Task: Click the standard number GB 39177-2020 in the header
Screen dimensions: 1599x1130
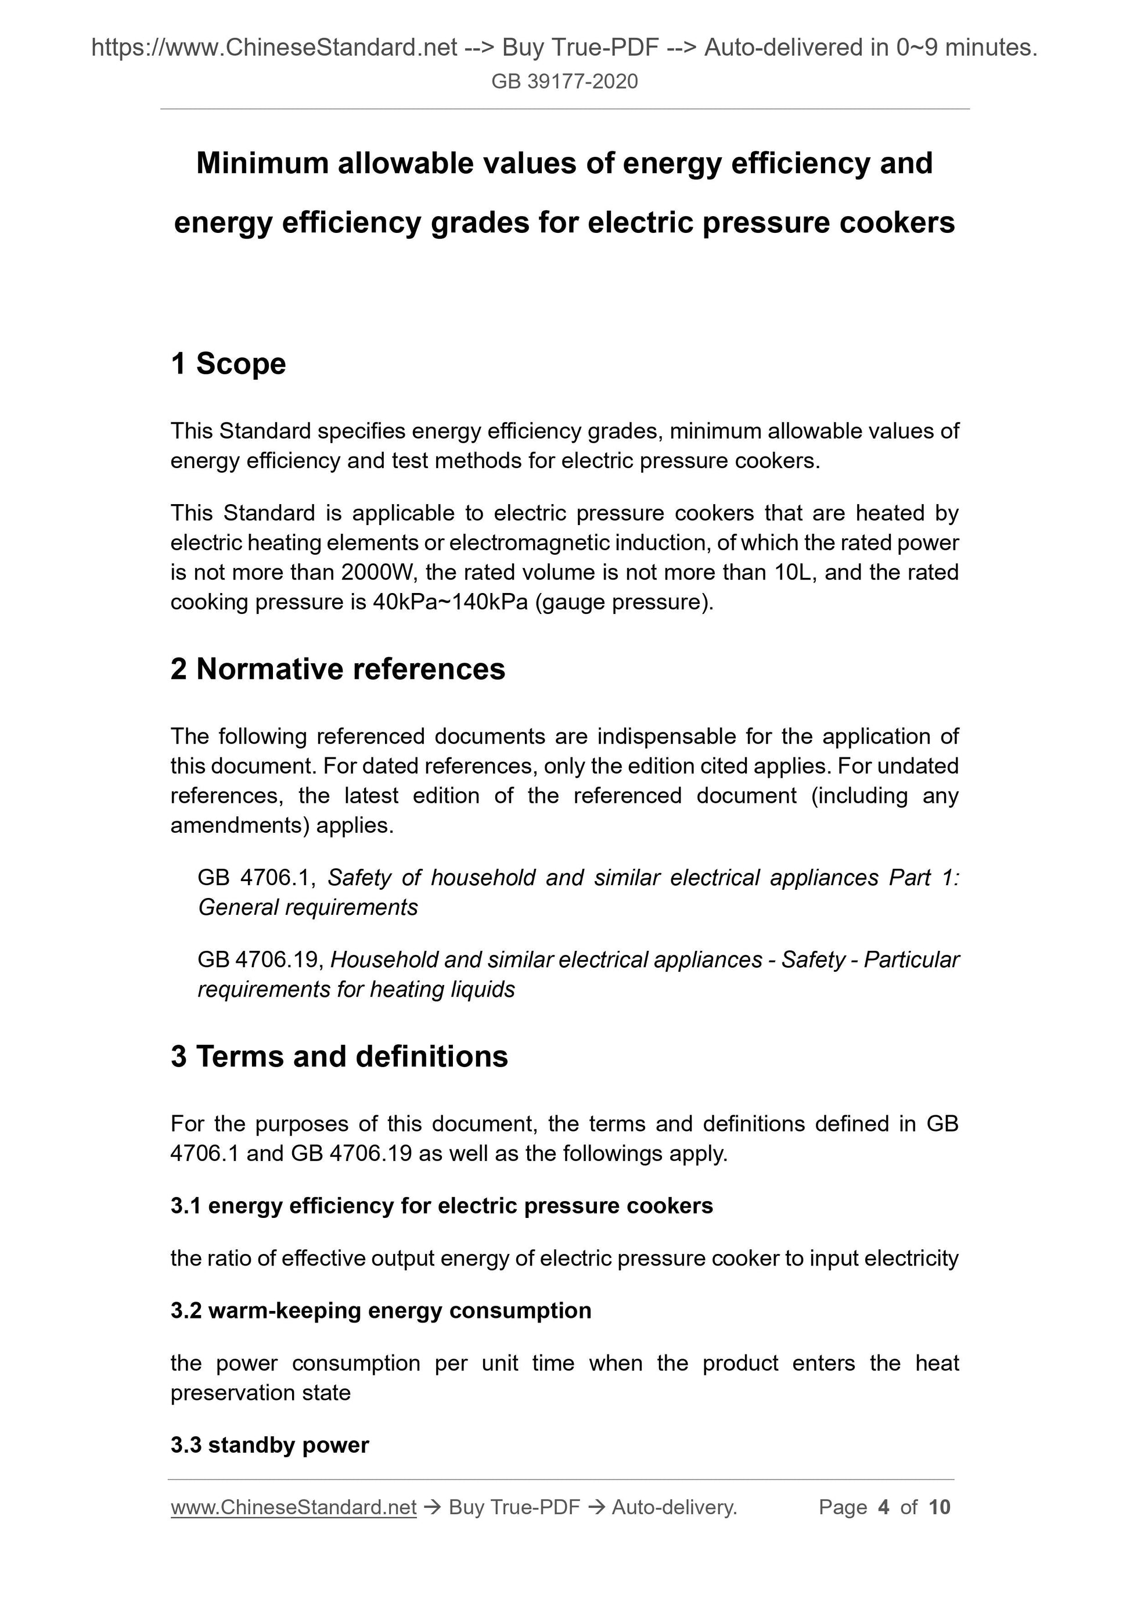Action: (564, 81)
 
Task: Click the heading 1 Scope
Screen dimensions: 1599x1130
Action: (228, 364)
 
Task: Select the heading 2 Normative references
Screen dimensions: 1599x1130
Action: (338, 669)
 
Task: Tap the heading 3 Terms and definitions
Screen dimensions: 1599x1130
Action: (339, 1056)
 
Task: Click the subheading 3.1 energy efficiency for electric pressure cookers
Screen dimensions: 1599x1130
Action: (441, 1206)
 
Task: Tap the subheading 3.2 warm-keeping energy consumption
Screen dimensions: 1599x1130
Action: (381, 1311)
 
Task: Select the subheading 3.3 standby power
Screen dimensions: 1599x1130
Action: (269, 1445)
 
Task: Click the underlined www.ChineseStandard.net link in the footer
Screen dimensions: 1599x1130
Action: (293, 1507)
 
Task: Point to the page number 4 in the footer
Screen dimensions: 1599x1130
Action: (884, 1507)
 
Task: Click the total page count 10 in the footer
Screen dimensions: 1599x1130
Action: (939, 1507)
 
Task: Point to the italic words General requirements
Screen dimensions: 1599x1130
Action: (308, 907)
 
